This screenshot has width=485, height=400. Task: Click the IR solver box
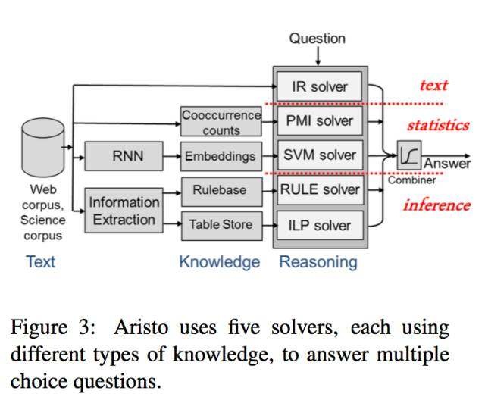[319, 86]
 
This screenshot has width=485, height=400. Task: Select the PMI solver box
[319, 121]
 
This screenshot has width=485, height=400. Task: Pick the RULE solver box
[319, 190]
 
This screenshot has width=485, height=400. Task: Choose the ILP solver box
[319, 225]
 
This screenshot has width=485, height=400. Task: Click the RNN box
[123, 157]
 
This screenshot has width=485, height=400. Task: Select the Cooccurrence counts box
[221, 122]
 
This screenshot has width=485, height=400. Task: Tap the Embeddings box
[221, 157]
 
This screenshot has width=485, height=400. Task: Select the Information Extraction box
[124, 211]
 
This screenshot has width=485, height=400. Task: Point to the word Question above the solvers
[317, 38]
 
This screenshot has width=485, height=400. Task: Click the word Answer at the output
[446, 164]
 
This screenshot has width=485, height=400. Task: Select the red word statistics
[437, 125]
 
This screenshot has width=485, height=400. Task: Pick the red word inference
[436, 205]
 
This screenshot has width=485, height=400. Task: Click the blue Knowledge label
[219, 262]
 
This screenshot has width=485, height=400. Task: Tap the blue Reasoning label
[318, 262]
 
